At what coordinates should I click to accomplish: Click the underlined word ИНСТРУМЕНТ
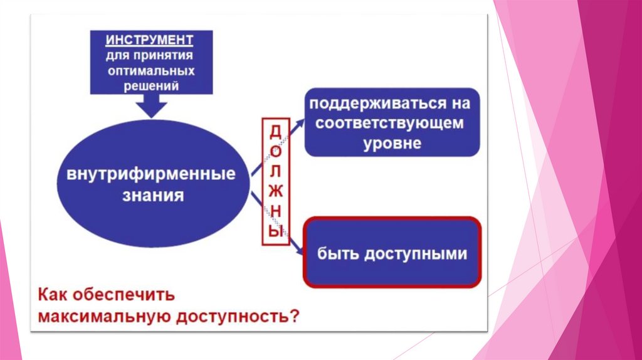click(x=149, y=40)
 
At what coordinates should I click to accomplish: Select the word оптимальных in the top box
click(x=151, y=71)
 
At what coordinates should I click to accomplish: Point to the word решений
click(x=151, y=86)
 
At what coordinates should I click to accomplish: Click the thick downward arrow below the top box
click(x=152, y=106)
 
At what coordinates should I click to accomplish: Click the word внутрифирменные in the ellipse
click(x=151, y=174)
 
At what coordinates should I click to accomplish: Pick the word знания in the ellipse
click(x=153, y=195)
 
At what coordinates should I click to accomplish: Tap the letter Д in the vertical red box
click(x=276, y=132)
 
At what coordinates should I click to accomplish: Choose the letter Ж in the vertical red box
click(x=276, y=191)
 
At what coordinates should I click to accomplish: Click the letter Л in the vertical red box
click(x=276, y=171)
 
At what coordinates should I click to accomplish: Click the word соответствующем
click(x=389, y=123)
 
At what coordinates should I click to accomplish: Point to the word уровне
click(x=392, y=144)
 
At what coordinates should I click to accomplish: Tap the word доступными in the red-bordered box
click(x=416, y=254)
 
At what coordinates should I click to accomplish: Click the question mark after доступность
click(x=295, y=315)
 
